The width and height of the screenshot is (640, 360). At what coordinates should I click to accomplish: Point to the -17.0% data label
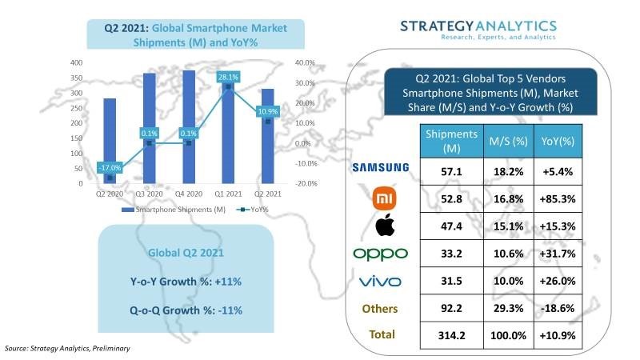point(110,168)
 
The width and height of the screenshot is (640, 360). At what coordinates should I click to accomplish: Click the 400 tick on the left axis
point(77,62)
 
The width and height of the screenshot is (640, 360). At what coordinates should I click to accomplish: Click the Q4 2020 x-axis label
point(188,193)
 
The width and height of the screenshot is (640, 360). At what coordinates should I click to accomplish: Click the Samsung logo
point(381,167)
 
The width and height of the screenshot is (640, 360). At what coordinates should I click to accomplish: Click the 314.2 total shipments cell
point(451,336)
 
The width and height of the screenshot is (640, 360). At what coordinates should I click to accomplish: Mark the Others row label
point(382,309)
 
